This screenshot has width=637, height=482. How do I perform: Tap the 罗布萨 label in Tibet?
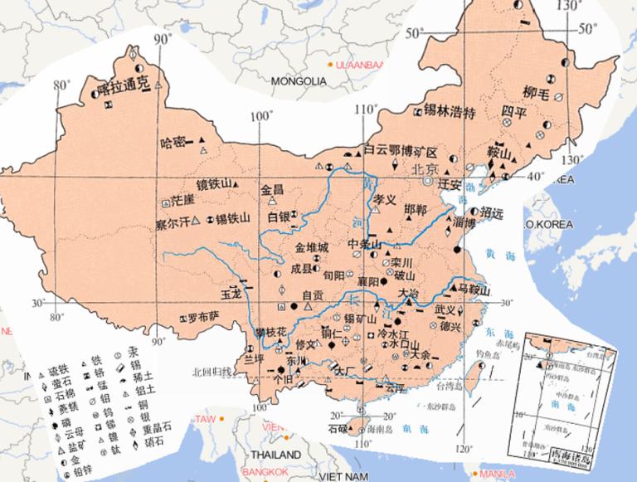point(202,317)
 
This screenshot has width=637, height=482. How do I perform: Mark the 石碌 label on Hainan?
point(336,428)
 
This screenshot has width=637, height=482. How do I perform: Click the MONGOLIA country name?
point(299,81)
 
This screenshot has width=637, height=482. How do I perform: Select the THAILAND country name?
point(277,455)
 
